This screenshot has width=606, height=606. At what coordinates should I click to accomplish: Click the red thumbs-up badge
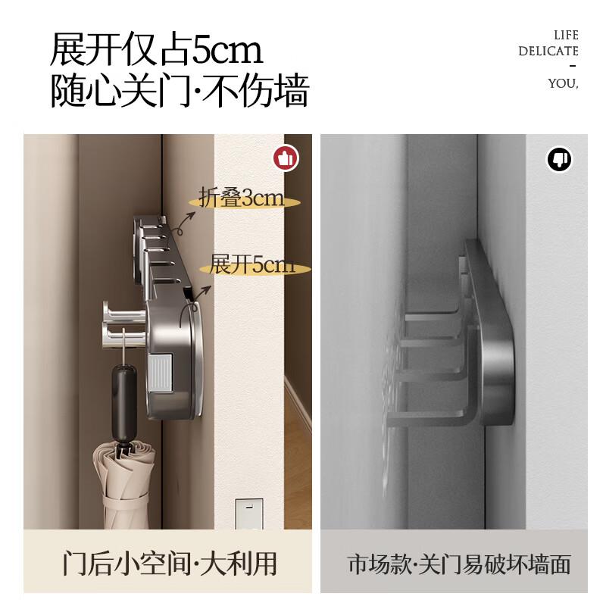(286, 158)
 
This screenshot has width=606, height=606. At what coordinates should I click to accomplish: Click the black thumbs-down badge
(558, 159)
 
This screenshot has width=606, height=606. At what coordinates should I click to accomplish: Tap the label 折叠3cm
(241, 198)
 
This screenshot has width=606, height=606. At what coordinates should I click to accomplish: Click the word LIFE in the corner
(565, 35)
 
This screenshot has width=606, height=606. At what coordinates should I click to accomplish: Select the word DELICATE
(548, 52)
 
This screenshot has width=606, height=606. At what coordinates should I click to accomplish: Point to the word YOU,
(563, 83)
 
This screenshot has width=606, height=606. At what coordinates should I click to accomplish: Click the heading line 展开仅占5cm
(156, 50)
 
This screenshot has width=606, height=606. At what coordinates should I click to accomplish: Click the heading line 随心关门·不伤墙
(180, 93)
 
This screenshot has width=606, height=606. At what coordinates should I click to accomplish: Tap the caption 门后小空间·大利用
(169, 564)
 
